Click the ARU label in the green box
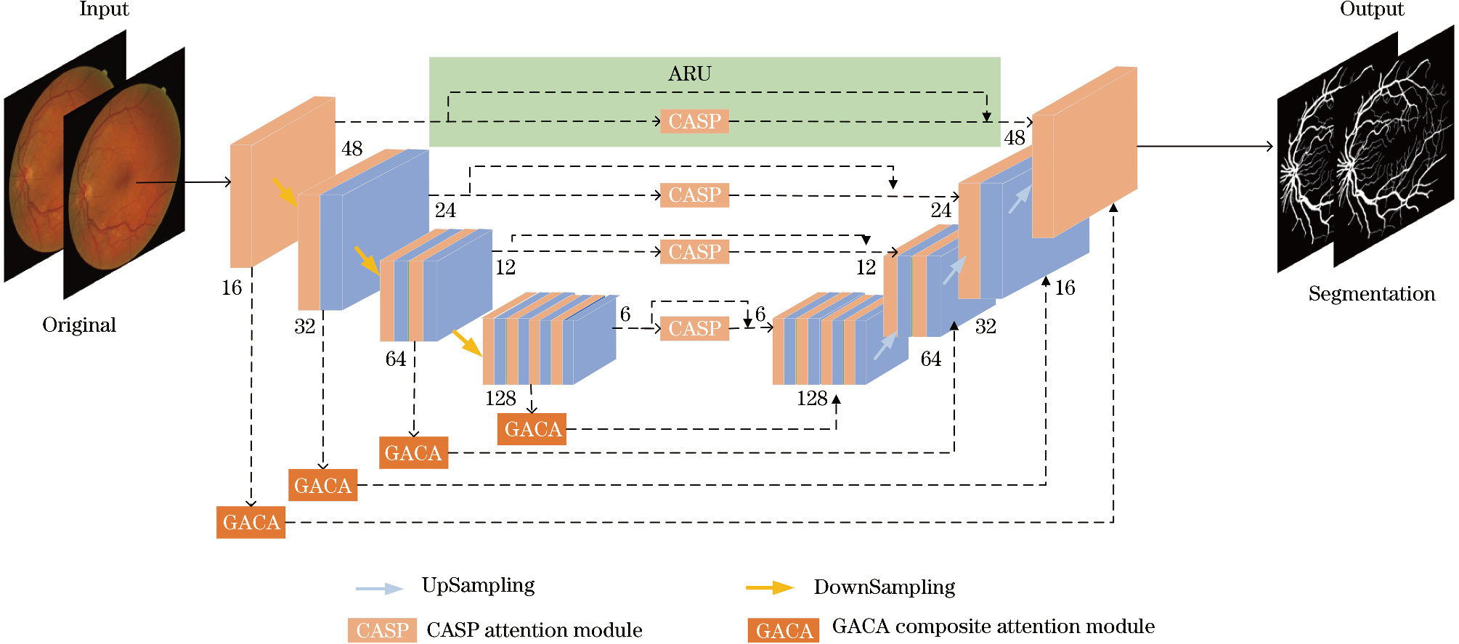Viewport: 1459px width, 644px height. (x=689, y=74)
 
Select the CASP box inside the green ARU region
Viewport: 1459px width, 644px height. (x=694, y=121)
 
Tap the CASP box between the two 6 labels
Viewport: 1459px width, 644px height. (x=694, y=328)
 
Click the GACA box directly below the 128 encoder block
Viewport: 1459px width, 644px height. (x=532, y=429)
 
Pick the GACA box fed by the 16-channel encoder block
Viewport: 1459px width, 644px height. (x=251, y=522)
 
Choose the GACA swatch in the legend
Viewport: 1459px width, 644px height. (x=783, y=630)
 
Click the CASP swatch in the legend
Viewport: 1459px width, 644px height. (x=382, y=630)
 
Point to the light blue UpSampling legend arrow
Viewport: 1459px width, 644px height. (x=379, y=588)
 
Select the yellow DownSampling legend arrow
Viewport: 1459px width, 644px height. (x=770, y=587)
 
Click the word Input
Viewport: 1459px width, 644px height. (x=104, y=9)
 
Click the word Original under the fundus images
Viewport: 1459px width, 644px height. (x=79, y=325)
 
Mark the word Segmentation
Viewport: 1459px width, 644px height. (x=1371, y=293)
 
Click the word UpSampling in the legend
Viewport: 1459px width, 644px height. (x=478, y=585)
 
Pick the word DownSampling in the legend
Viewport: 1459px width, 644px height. (x=884, y=587)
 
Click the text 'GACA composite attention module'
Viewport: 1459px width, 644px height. (x=993, y=626)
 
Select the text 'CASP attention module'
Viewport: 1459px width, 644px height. (x=534, y=629)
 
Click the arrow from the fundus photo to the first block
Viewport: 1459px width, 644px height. (x=184, y=182)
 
